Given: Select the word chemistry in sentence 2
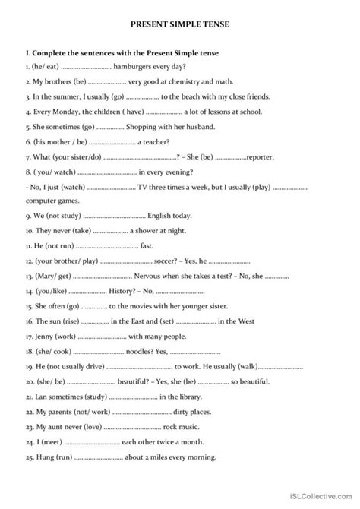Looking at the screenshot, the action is click(x=191, y=83).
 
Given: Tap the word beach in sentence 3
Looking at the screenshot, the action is click(x=197, y=97).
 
